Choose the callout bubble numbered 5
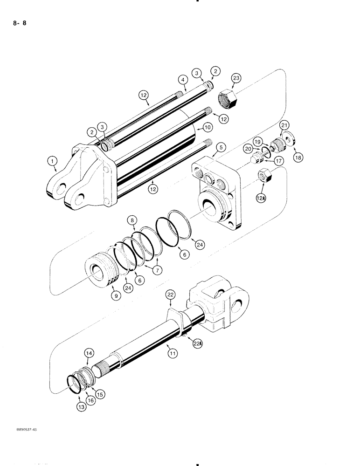222,148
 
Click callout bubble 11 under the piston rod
173,354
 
